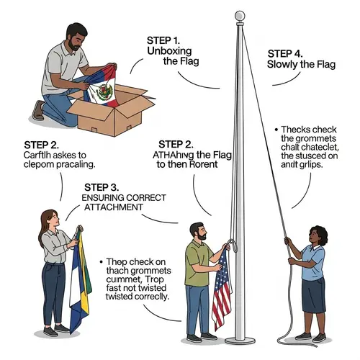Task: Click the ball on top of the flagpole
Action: coord(240,15)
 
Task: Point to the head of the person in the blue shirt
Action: coord(317,235)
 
